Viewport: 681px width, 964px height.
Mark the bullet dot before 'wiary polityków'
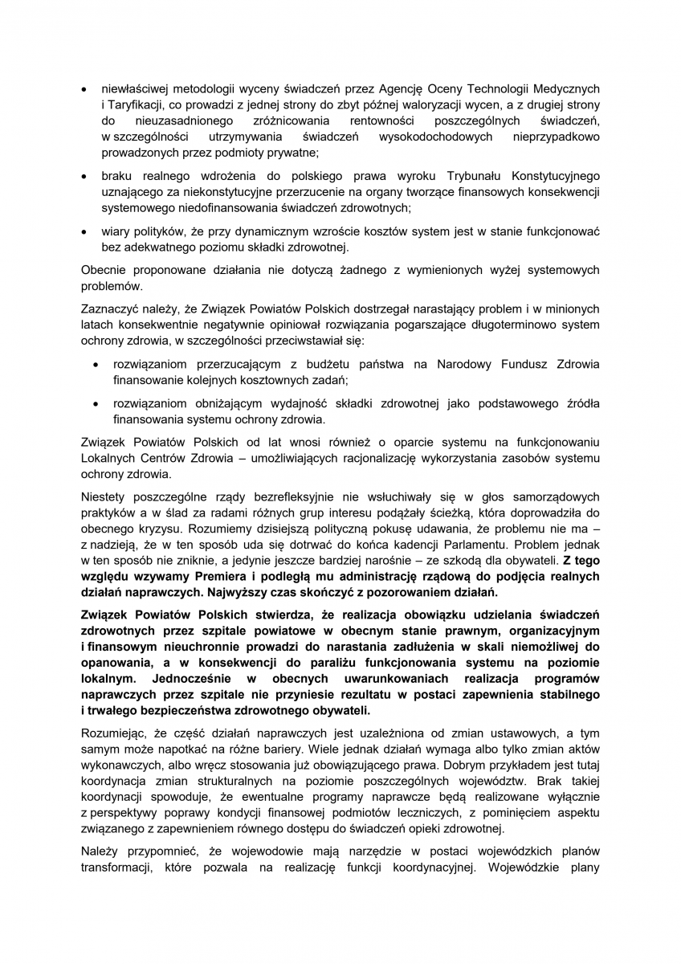(x=85, y=231)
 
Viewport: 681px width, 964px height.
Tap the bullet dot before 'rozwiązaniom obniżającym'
(x=96, y=403)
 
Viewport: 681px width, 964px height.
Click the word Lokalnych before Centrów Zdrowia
(x=108, y=458)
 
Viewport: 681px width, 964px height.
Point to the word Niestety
(x=104, y=497)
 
